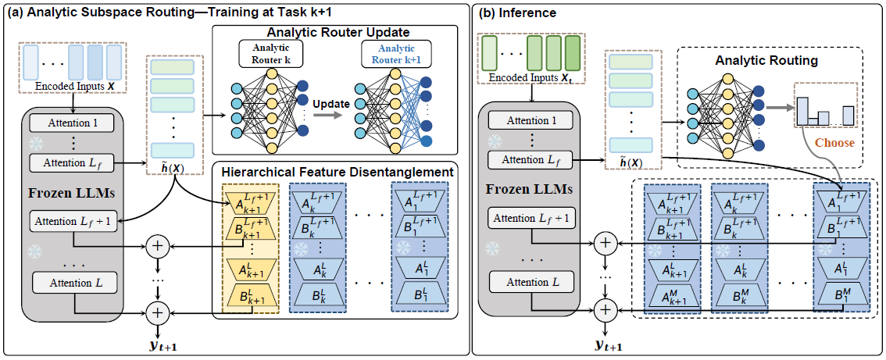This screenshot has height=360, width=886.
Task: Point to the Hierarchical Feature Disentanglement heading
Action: pyautogui.click(x=337, y=171)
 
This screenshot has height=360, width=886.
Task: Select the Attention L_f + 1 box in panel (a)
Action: pyautogui.click(x=72, y=221)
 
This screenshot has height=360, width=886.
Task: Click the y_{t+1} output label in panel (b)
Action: pyautogui.click(x=609, y=344)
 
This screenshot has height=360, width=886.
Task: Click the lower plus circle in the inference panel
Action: pyautogui.click(x=603, y=311)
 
